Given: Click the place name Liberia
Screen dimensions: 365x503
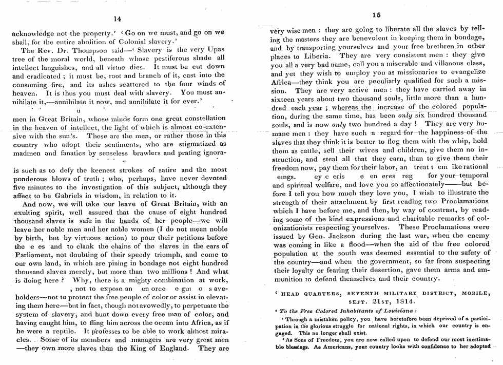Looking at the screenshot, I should pos(314,55).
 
